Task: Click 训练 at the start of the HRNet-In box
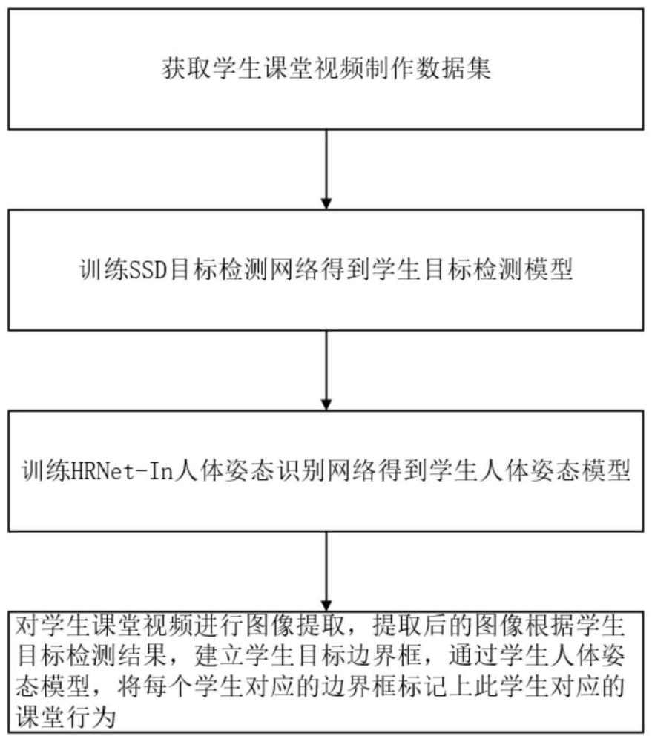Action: tap(46, 471)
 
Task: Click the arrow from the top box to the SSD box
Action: tap(326, 169)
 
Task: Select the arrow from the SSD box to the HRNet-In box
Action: tap(326, 370)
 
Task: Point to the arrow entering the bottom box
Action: tap(326, 571)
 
